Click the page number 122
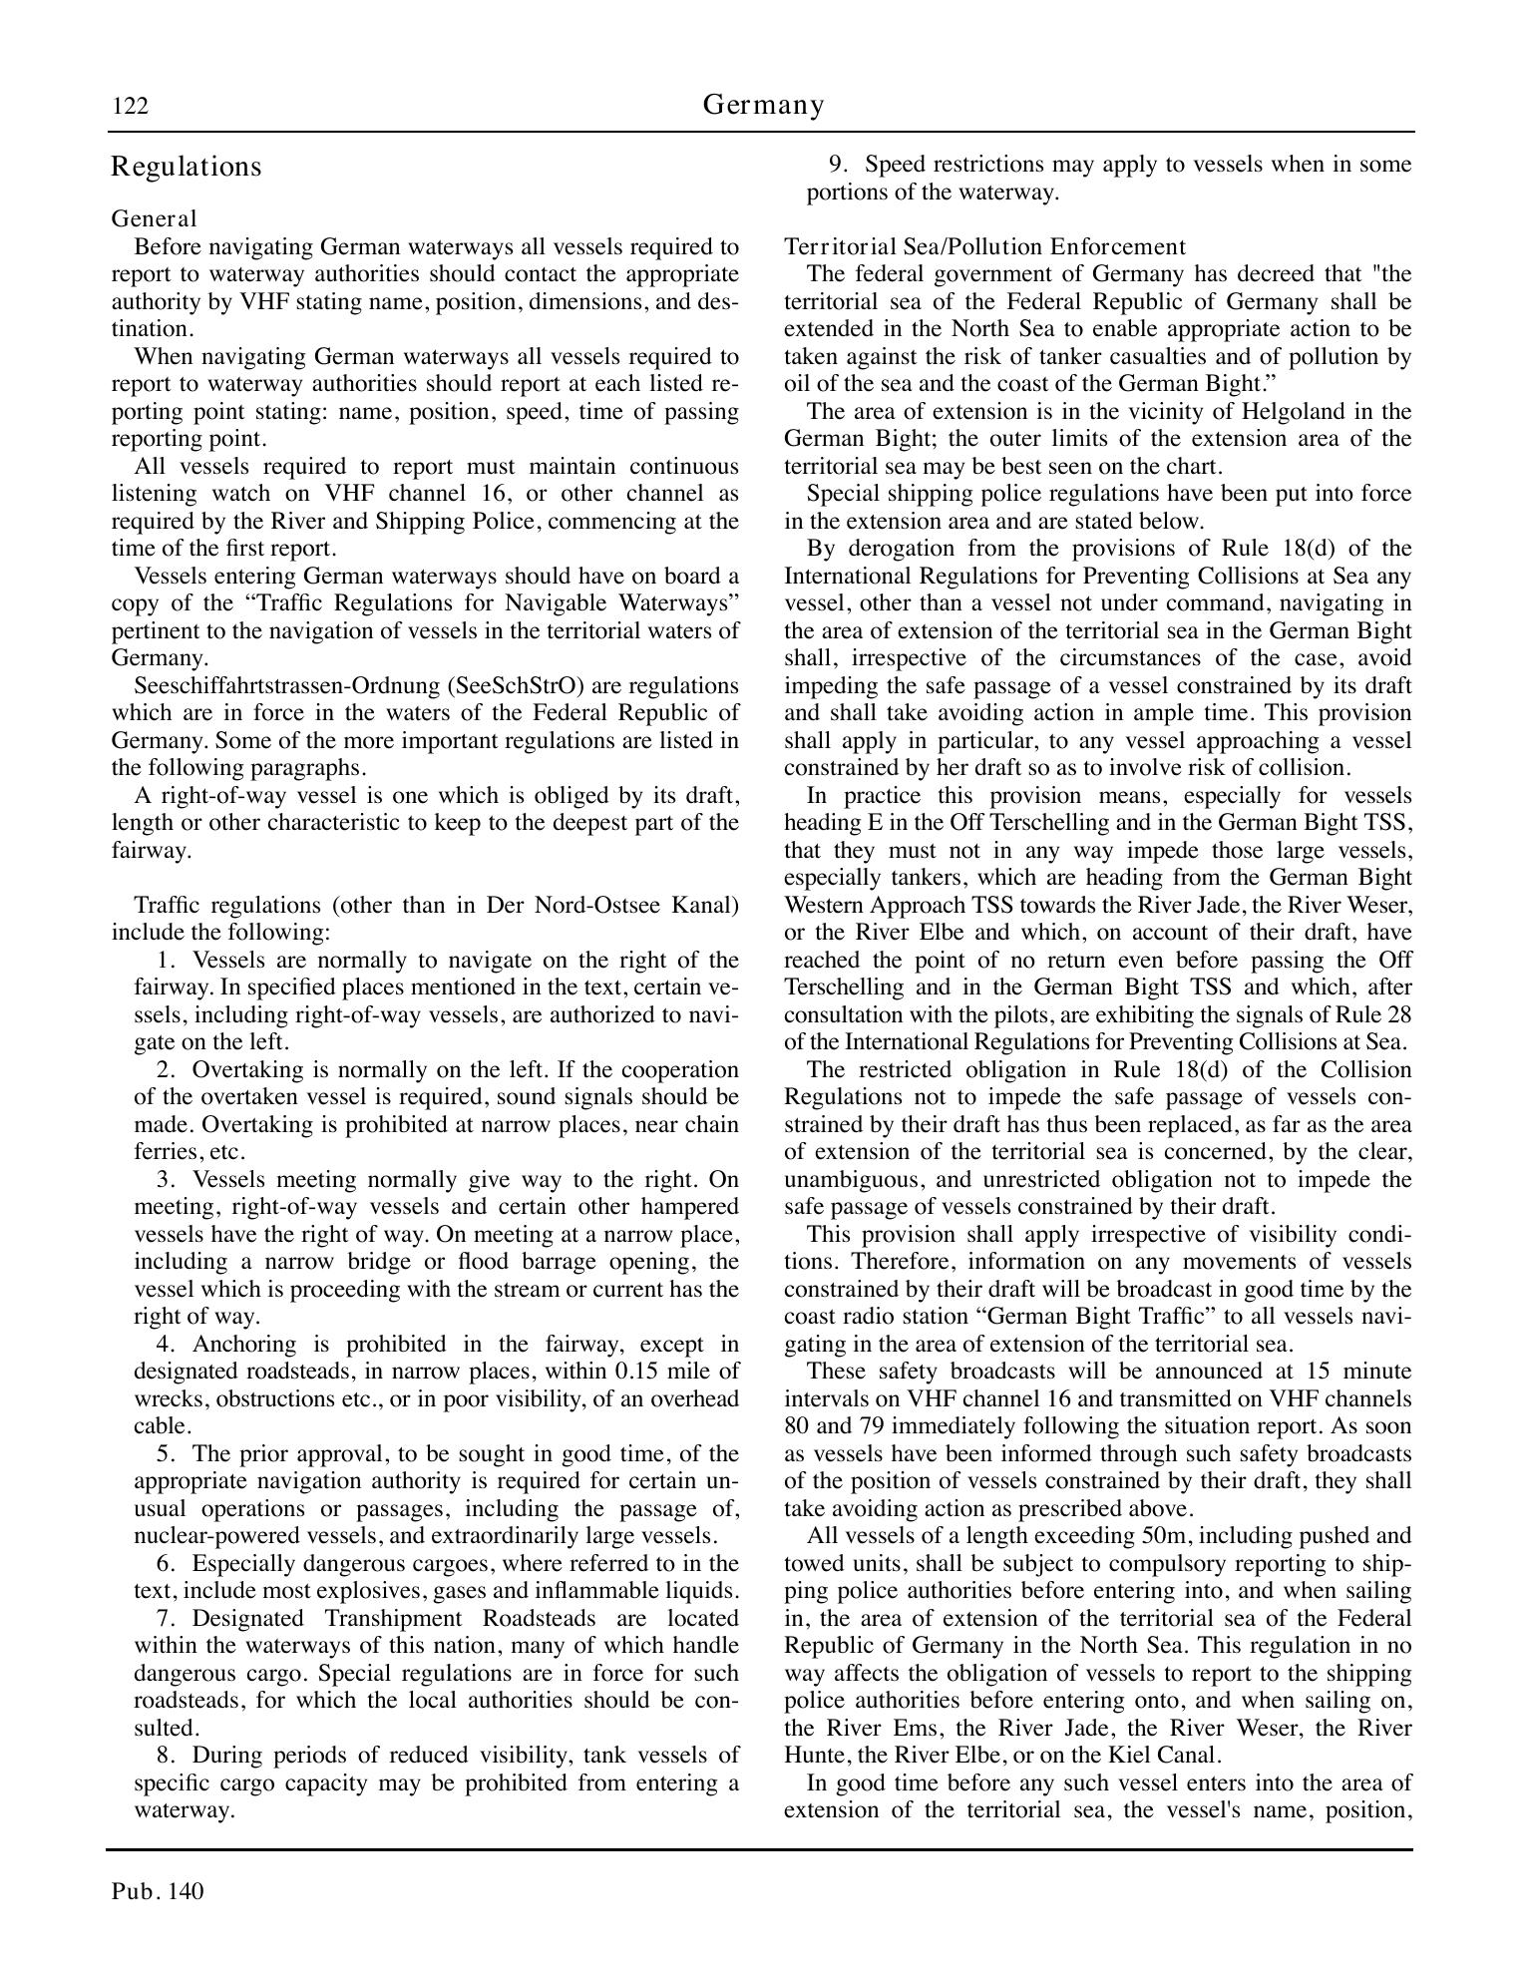(130, 106)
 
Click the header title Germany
(763, 104)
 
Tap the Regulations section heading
(187, 167)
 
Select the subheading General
(154, 218)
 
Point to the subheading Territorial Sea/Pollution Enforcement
(984, 246)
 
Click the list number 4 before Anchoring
(165, 1345)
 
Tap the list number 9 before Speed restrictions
(838, 164)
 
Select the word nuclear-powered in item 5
(210, 1536)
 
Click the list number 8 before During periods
(165, 1755)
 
